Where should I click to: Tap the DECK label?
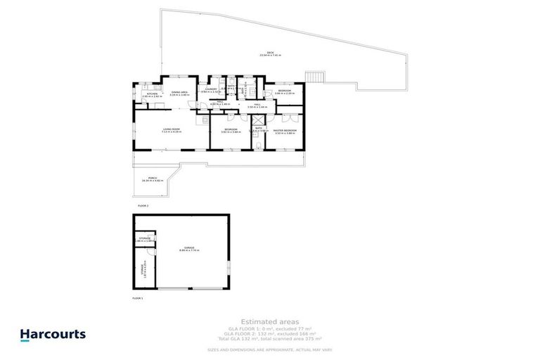tap(265, 53)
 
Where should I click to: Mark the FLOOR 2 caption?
tap(143, 205)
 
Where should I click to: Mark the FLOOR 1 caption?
tap(138, 298)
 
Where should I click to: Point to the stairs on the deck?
tap(314, 76)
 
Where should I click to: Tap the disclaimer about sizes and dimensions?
tap(271, 349)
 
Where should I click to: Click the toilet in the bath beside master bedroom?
tap(259, 144)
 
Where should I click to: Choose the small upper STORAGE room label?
tap(145, 239)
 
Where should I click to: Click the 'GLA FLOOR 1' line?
tap(271, 328)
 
